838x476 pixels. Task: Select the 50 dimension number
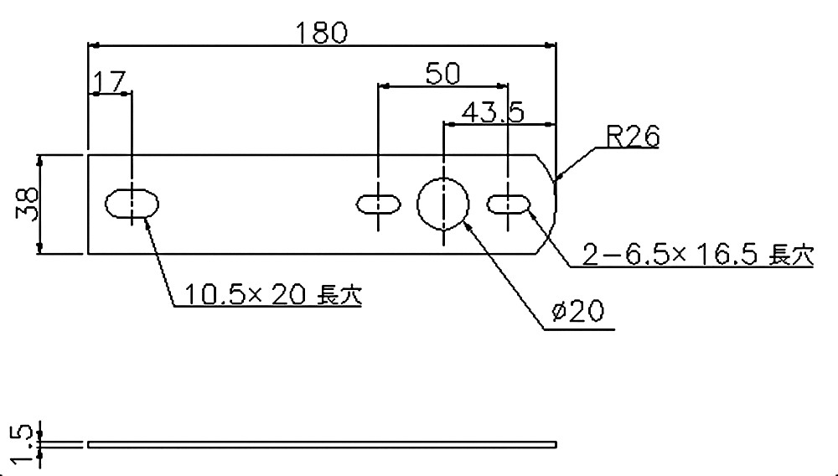coord(442,74)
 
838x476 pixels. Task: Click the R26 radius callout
coord(634,137)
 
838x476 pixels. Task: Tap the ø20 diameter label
coord(579,313)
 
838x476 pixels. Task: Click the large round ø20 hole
coord(443,203)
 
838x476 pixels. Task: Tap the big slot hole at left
coord(132,204)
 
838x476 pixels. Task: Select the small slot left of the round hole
coord(378,203)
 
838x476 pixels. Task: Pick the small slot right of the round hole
coord(508,203)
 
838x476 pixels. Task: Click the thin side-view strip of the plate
coord(322,443)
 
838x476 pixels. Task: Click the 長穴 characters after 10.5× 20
coord(339,294)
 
